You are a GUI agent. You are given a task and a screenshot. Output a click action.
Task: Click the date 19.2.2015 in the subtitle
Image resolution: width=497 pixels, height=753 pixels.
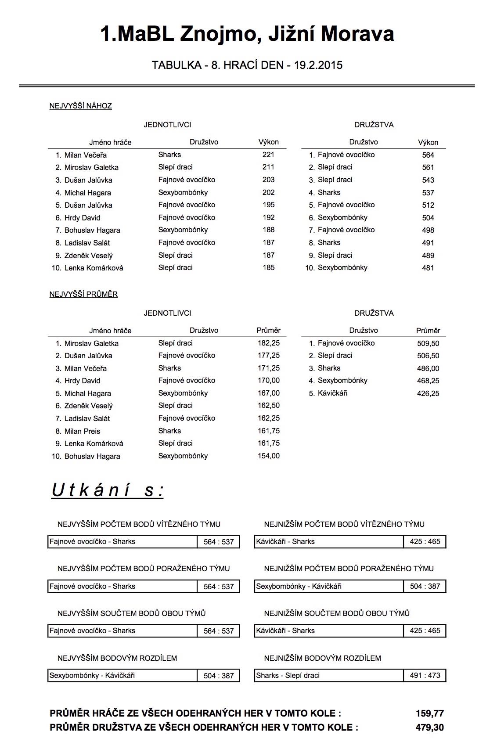pos(318,65)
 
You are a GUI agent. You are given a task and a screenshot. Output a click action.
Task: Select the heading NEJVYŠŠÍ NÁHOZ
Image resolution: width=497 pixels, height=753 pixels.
pos(80,106)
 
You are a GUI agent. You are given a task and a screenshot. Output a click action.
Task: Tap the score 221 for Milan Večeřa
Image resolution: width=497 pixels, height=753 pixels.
pos(268,155)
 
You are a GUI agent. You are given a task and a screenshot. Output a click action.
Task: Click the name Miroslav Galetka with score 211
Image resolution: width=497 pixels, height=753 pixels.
pos(91,167)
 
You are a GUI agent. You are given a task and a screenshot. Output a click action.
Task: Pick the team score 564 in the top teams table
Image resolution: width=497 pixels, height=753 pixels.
pos(428,155)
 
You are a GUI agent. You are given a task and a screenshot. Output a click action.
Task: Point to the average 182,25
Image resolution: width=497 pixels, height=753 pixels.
pos(268,343)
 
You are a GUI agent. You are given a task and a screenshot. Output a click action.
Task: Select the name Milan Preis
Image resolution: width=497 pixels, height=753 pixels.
pos(82,431)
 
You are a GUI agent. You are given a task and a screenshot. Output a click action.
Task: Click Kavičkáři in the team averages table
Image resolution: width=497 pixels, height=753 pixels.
pos(332,393)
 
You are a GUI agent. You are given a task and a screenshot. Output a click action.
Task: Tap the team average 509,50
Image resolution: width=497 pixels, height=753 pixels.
pos(428,343)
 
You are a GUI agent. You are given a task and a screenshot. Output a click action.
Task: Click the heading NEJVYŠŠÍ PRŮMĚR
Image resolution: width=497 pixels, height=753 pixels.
pos(83,294)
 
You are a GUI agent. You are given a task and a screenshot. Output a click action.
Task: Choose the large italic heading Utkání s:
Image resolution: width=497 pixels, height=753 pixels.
pos(108,490)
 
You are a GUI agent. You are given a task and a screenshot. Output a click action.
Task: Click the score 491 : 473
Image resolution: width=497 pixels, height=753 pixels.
pos(425,675)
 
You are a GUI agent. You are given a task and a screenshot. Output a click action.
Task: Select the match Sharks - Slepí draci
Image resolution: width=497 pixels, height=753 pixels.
pos(288,675)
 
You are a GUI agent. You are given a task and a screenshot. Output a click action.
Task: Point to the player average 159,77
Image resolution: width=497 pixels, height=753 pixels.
pos(429,713)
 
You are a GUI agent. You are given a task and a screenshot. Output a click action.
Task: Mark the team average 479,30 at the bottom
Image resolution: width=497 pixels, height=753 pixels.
pos(429,728)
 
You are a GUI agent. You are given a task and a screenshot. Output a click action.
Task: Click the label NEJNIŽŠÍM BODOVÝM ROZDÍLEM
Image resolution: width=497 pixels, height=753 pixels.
pos(322,658)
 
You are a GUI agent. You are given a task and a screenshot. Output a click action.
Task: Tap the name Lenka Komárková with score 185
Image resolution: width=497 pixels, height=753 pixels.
pos(94,268)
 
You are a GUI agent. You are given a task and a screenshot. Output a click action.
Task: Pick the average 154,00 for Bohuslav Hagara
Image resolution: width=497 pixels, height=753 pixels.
pos(268,456)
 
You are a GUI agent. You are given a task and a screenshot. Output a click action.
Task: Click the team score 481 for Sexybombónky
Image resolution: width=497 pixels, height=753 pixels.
pos(428,268)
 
